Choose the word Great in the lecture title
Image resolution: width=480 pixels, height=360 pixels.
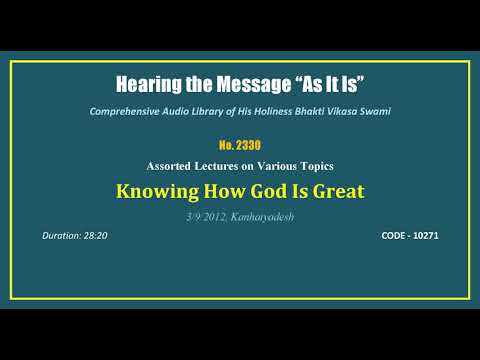click(332, 190)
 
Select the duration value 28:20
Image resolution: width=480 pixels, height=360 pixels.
click(98, 236)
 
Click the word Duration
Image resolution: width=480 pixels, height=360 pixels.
click(62, 236)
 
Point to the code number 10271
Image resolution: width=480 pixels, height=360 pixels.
click(424, 236)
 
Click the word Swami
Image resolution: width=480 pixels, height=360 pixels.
click(375, 110)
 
